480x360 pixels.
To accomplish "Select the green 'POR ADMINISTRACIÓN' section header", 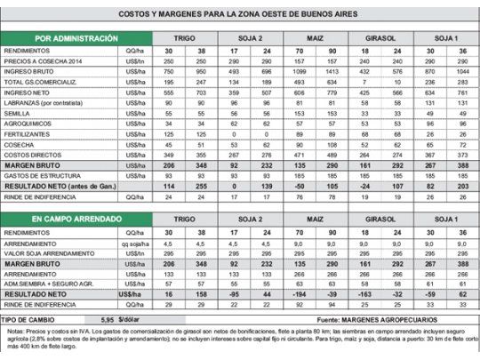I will tap(76, 39).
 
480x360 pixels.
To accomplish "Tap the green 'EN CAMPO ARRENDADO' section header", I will tap(76, 218).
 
